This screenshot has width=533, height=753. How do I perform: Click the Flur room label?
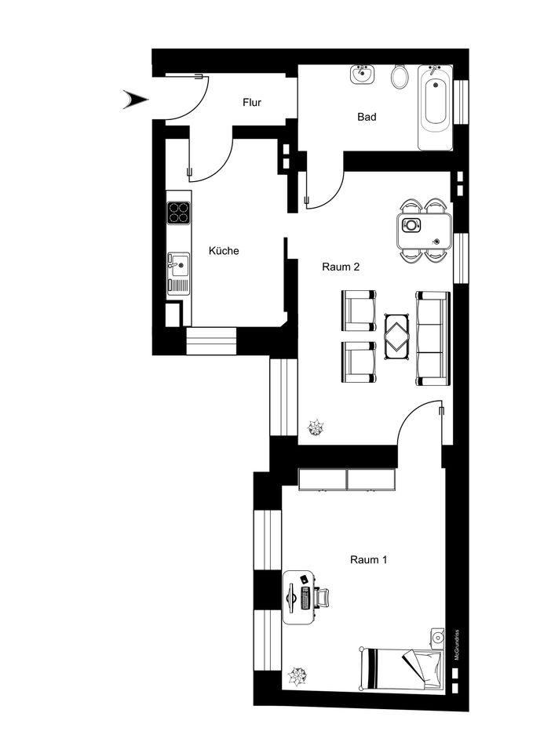252,102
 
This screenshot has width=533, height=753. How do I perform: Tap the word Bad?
367,117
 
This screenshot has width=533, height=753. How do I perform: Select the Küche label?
224,251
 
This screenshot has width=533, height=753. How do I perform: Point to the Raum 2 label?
341,267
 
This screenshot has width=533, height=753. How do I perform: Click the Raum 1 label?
369,559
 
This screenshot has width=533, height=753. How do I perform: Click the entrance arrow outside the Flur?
136,100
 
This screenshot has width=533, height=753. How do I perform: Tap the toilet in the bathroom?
400,77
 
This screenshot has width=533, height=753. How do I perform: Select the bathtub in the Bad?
435,107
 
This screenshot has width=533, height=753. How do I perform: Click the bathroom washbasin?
362,75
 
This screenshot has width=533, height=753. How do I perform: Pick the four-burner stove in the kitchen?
179,213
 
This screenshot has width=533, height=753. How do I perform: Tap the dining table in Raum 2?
425,231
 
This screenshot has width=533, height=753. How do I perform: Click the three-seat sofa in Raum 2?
433,338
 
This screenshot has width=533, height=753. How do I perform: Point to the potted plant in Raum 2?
316,427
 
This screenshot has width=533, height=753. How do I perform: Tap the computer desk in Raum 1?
298,597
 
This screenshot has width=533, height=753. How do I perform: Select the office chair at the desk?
322,598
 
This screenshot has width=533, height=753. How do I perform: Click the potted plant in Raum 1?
297,676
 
